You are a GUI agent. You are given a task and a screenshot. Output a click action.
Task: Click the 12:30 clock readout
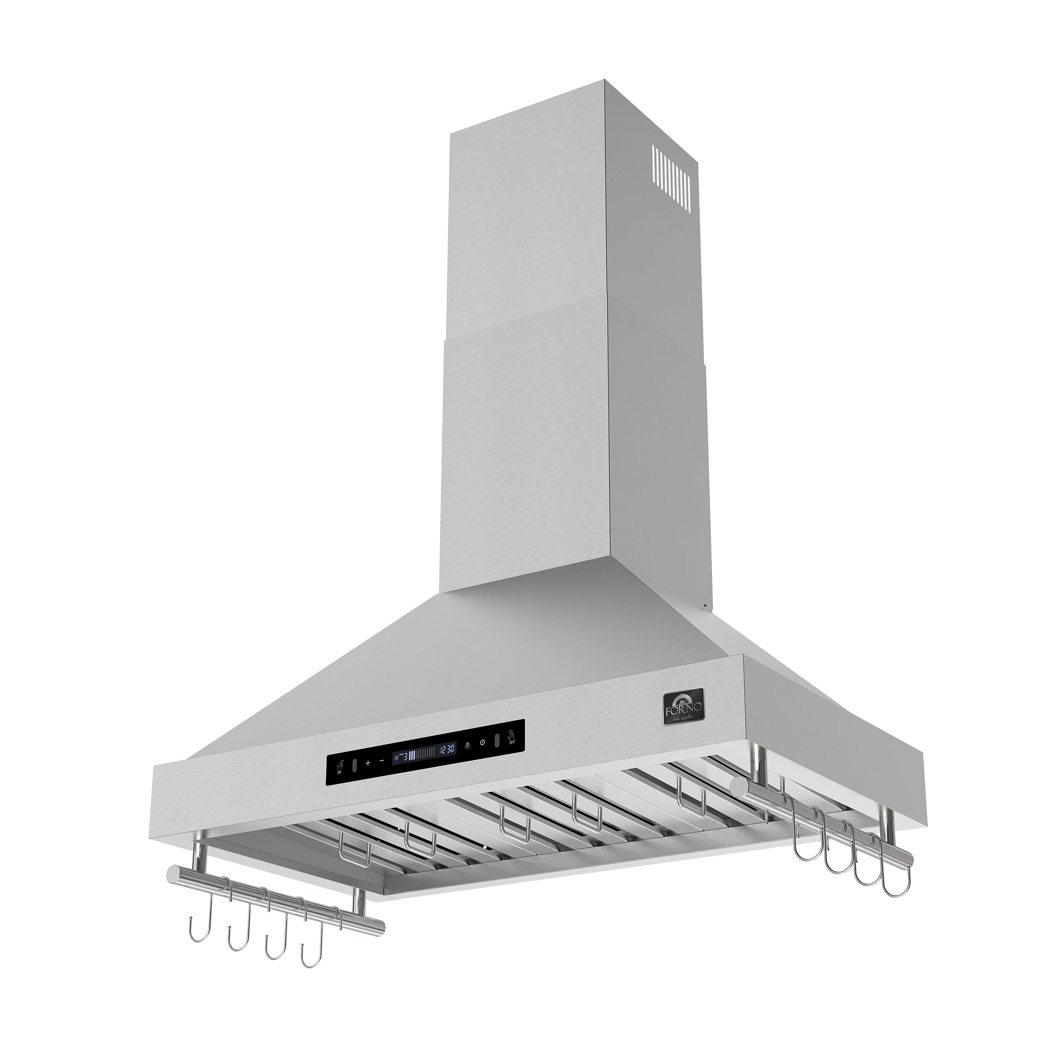(x=447, y=750)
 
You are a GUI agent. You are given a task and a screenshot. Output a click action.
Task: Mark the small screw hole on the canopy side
(x=705, y=605)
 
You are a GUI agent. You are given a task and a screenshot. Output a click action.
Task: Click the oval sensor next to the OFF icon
(x=497, y=741)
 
